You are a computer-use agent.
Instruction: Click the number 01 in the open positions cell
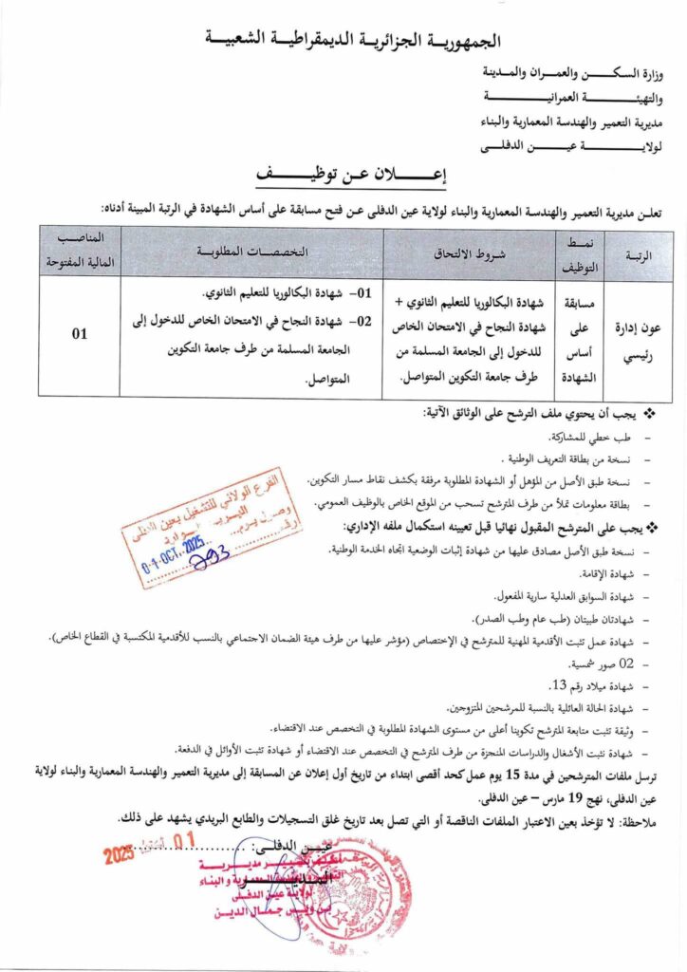80,333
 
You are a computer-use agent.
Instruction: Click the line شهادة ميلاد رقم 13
598,685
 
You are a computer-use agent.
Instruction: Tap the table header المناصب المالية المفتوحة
80,252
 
